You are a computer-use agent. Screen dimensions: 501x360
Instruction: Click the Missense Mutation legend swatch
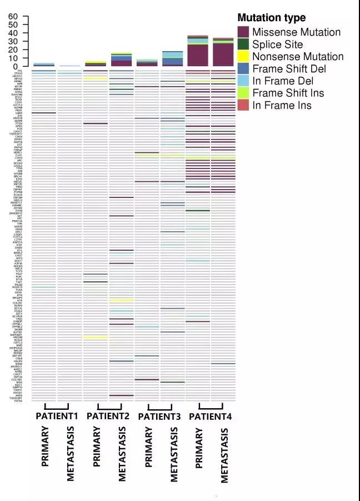click(x=243, y=32)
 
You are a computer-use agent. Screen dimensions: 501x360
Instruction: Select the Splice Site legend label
click(x=277, y=44)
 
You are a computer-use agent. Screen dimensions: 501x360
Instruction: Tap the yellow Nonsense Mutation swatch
click(x=243, y=57)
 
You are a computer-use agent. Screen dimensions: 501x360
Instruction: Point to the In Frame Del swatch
click(x=243, y=81)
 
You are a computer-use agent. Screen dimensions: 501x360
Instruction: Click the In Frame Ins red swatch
click(x=243, y=105)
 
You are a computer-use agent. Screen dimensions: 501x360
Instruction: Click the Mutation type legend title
click(x=271, y=18)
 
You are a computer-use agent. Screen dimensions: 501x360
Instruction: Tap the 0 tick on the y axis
click(x=16, y=66)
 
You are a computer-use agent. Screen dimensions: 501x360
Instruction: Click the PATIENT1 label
click(x=57, y=416)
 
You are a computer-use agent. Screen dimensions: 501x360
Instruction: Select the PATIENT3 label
click(x=159, y=416)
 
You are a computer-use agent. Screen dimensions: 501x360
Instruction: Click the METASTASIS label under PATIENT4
click(x=224, y=454)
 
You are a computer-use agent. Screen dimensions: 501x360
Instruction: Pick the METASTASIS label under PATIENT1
click(x=71, y=454)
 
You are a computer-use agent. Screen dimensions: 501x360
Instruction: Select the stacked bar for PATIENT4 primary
click(x=198, y=51)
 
